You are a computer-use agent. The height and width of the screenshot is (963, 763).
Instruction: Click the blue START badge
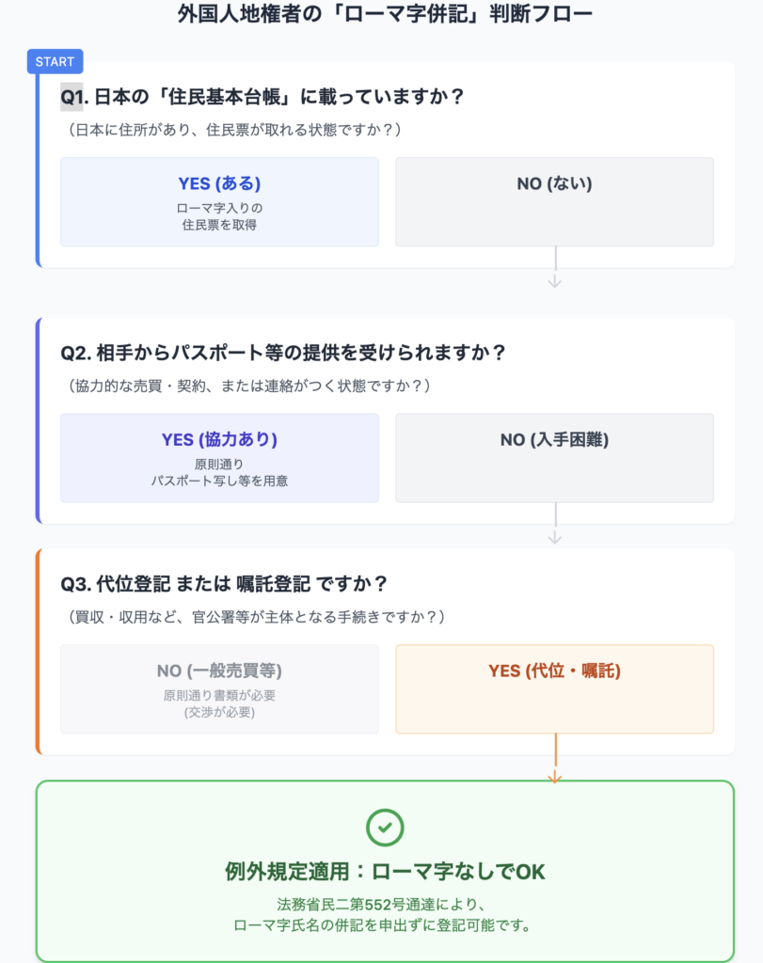(56, 61)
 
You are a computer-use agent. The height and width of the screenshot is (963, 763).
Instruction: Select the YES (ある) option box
(219, 202)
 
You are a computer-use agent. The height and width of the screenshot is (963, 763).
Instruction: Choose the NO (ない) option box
(555, 202)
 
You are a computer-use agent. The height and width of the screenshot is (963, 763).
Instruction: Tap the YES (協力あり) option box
(219, 458)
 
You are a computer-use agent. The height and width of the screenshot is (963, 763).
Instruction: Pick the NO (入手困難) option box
(555, 458)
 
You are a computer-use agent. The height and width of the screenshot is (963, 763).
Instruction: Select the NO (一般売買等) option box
(219, 689)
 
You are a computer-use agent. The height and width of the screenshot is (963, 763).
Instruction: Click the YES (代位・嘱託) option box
(555, 689)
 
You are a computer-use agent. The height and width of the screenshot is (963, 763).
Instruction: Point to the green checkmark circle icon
(385, 828)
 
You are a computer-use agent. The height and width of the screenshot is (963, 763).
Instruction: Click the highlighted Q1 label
(72, 97)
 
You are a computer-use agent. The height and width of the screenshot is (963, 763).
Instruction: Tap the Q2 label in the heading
(75, 354)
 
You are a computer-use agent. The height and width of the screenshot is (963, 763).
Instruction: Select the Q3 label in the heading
(75, 584)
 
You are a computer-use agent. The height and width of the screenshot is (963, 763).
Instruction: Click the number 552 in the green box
(378, 905)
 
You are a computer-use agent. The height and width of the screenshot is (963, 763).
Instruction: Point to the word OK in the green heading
(531, 872)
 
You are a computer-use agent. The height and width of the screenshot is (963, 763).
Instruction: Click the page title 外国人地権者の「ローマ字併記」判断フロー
(385, 13)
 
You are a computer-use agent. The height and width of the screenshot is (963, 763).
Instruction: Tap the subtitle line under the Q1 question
(234, 130)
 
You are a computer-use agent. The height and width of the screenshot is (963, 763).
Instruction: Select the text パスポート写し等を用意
(219, 481)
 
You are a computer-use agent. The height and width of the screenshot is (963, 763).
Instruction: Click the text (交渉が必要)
(219, 713)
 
